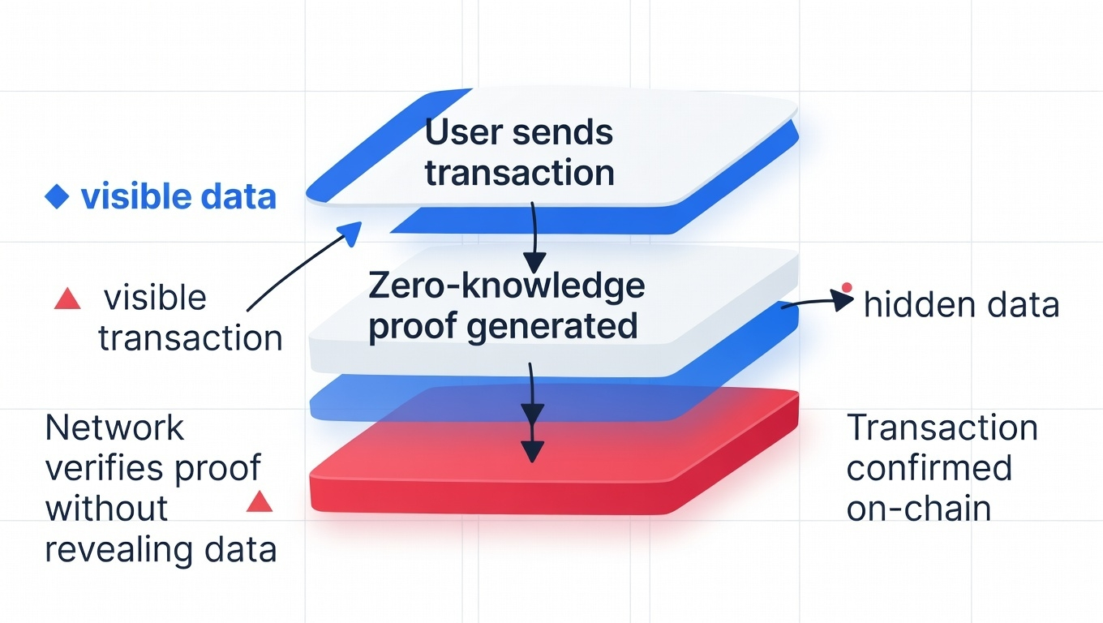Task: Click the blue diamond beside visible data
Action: click(56, 197)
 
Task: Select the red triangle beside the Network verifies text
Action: click(259, 502)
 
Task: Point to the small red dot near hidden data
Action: click(847, 286)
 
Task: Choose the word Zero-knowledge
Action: click(507, 286)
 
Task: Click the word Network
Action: click(115, 428)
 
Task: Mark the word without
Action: click(106, 509)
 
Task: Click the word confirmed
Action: click(929, 468)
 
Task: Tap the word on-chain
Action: click(918, 509)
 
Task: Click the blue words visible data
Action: click(178, 197)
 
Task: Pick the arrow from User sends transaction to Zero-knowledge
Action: click(533, 235)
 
